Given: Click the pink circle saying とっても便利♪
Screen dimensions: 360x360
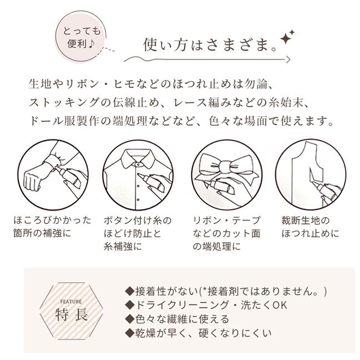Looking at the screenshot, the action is [81, 36].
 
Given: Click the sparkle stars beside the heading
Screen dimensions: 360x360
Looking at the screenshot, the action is [287, 37].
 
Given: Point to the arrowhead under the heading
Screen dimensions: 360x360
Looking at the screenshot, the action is [288, 59].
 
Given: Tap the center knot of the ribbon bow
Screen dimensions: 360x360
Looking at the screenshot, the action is [227, 167].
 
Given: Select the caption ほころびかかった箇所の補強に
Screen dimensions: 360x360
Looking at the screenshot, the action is [52, 227].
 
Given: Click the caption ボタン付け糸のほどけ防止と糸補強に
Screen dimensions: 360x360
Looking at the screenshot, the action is [138, 233].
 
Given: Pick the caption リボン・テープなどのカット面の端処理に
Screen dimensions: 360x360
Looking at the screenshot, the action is [227, 233].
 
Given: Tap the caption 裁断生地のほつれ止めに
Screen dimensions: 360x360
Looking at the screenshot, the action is [311, 227].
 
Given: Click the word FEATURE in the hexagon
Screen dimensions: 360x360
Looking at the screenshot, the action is [71, 302].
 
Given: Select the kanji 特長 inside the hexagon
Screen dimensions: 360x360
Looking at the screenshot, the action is [72, 314].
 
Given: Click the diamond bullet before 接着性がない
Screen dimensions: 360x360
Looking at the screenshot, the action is [129, 291].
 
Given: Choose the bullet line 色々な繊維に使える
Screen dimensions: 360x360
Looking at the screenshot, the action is [177, 319].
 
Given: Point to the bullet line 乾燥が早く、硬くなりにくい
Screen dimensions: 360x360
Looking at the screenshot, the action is [198, 333].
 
